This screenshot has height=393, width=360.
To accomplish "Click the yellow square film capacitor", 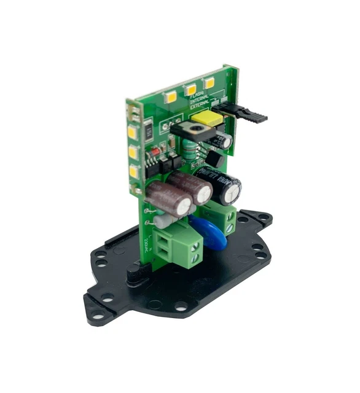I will click(x=205, y=117).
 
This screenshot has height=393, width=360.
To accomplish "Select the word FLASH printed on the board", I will click(x=196, y=94).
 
